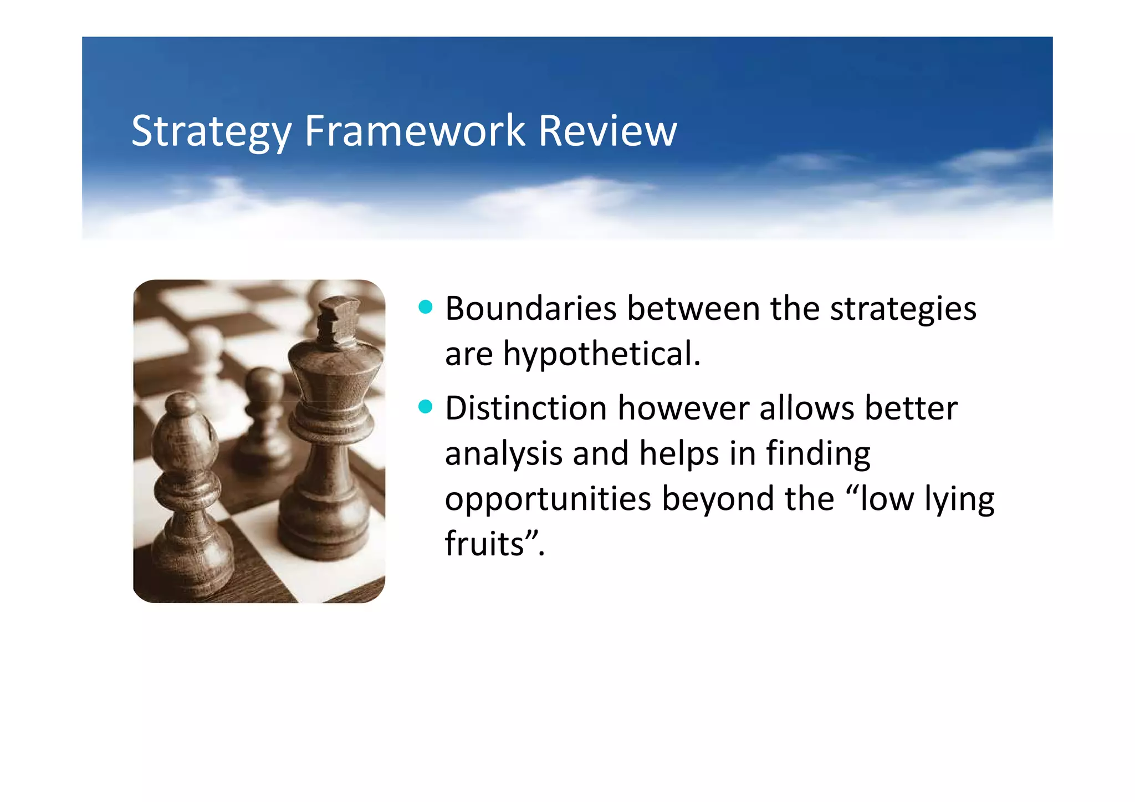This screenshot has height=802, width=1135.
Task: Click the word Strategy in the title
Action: pyautogui.click(x=211, y=131)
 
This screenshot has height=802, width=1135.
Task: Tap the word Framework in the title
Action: pyautogui.click(x=414, y=131)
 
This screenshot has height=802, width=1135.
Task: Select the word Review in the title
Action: pyautogui.click(x=607, y=131)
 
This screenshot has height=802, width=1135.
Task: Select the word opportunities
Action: pyautogui.click(x=548, y=499)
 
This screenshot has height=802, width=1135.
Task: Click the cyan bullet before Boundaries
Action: pyautogui.click(x=425, y=307)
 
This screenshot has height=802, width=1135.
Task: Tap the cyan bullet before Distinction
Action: pyautogui.click(x=425, y=407)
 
